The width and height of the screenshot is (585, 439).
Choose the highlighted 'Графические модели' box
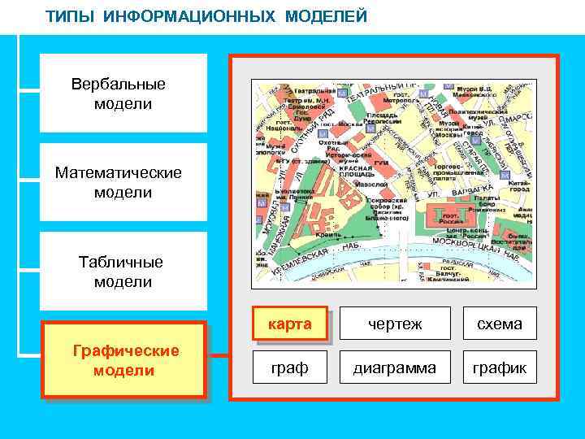124,360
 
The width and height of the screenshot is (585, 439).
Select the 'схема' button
500,324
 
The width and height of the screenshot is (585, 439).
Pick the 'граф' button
290,367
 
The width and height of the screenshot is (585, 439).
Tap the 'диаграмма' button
395,367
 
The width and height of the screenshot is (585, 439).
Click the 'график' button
500,367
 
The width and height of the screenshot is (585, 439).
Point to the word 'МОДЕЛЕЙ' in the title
326,16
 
